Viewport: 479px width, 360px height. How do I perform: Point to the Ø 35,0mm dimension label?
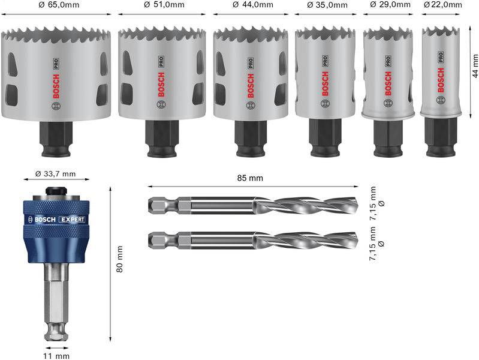point(327,5)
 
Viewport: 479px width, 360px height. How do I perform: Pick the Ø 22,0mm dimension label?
point(444,5)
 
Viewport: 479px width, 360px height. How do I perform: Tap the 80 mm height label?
point(119,259)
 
